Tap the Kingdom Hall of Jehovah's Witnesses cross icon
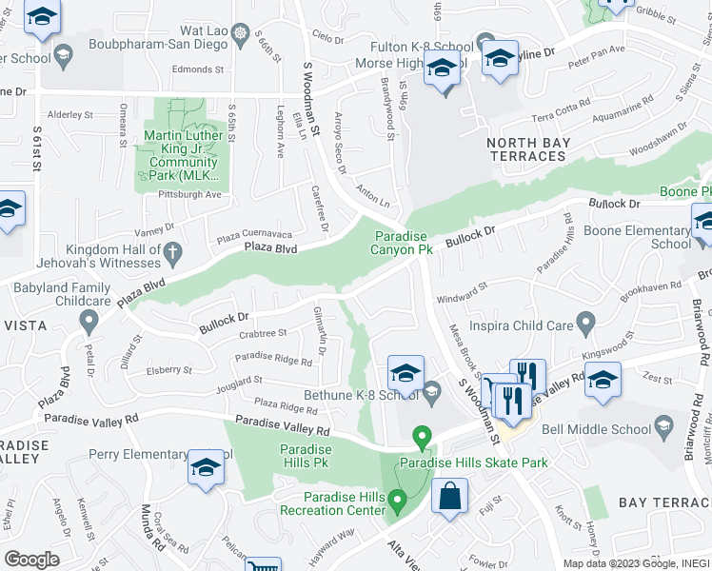171,252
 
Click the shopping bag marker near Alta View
449,497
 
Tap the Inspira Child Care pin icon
586,321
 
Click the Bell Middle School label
609,430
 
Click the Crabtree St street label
263,334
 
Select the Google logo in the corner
32,559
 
